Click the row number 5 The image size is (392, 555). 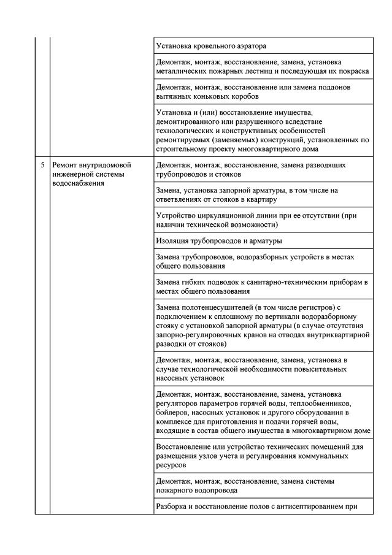coord(42,166)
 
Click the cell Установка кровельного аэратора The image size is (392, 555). coord(202,45)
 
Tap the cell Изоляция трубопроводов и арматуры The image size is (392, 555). coord(219,241)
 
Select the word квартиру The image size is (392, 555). coord(260,199)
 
